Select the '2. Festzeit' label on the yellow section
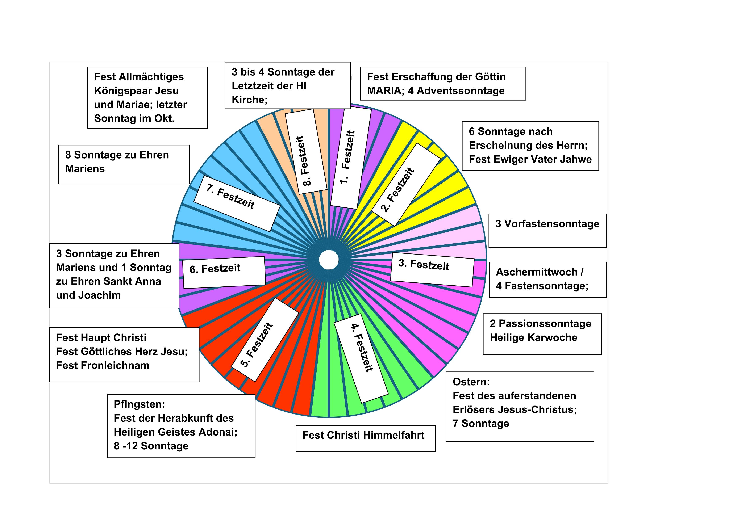[398, 189]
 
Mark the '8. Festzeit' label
[303, 161]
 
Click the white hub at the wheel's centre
[329, 260]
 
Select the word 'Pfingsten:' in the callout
[139, 404]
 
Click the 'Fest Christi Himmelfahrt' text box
[363, 435]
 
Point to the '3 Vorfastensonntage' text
[547, 224]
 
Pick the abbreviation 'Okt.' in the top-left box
[164, 119]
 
